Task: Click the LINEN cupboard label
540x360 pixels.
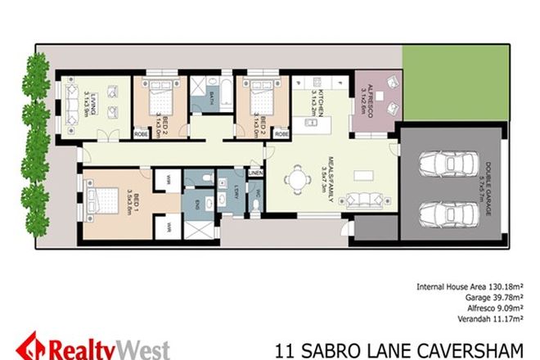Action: click(x=254, y=173)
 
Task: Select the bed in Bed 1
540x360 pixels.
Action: click(x=102, y=201)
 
